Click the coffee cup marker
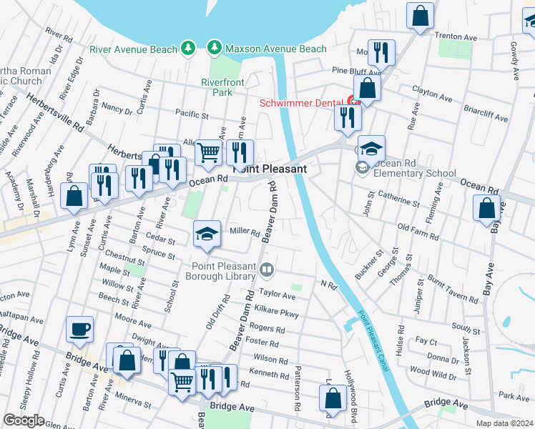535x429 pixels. pos(79,330)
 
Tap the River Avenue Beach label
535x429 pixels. pos(133,49)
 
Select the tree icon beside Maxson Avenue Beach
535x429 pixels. pos(213,48)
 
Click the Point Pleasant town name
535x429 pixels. pos(270,169)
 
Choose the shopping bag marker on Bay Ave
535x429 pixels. pos(486,208)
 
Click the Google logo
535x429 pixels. pos(23,420)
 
